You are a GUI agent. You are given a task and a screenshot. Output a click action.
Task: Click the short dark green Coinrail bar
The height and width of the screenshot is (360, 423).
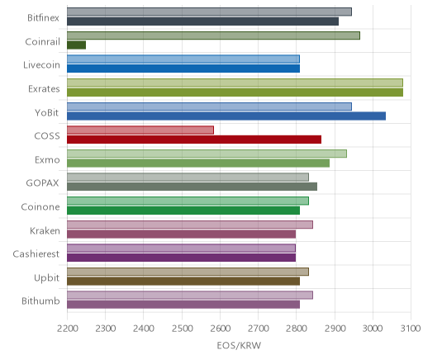click(76, 45)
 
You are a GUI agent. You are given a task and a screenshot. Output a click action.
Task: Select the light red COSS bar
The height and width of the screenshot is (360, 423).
click(140, 130)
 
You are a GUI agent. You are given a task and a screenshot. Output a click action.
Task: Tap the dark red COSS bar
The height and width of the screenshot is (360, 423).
click(194, 140)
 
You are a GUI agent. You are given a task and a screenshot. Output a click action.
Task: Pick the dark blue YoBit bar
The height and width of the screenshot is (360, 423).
click(226, 116)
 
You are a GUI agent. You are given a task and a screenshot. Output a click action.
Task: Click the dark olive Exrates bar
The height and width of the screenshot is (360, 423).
click(235, 92)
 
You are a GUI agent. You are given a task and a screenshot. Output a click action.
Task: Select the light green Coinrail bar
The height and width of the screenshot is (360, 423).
click(213, 36)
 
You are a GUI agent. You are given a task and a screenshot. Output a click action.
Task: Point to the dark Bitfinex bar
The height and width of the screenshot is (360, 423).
click(202, 21)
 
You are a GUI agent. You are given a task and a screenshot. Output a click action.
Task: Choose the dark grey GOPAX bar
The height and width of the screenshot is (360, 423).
click(192, 187)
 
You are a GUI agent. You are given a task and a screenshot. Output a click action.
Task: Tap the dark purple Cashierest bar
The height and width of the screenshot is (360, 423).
click(181, 258)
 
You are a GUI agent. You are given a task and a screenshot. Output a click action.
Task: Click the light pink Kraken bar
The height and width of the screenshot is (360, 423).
click(190, 225)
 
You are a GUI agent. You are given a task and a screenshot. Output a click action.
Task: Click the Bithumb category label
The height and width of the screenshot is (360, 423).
click(40, 301)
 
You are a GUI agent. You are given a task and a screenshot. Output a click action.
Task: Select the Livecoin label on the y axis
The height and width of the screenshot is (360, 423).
click(41, 65)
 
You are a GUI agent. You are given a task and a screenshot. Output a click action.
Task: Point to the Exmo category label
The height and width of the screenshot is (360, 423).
click(47, 159)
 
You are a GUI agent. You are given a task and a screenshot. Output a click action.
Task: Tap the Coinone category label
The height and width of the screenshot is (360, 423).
click(40, 206)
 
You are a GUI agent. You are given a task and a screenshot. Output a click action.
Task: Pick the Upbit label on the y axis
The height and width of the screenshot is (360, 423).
click(46, 277)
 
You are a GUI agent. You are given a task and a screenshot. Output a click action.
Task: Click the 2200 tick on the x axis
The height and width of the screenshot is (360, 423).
click(67, 329)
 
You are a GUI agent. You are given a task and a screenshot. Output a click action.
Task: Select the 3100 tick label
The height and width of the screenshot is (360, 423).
click(411, 329)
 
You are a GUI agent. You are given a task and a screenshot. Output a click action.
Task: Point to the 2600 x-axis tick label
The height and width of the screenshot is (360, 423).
click(220, 329)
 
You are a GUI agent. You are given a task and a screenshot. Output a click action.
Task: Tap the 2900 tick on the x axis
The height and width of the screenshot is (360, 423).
click(335, 329)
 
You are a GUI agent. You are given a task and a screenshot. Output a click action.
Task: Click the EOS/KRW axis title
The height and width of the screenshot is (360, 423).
click(239, 345)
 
